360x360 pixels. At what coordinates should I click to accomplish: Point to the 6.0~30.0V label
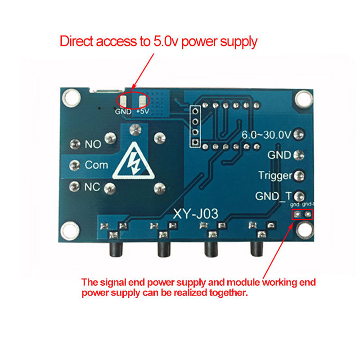pos(266,134)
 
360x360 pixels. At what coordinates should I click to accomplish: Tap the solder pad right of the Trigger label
pos(299,175)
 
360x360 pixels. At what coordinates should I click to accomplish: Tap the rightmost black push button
pos(256,249)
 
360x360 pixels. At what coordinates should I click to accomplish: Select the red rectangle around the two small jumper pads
pos(302,214)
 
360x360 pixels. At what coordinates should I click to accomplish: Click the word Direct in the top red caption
pos(78,42)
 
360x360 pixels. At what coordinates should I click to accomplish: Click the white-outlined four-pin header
pos(195,126)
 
